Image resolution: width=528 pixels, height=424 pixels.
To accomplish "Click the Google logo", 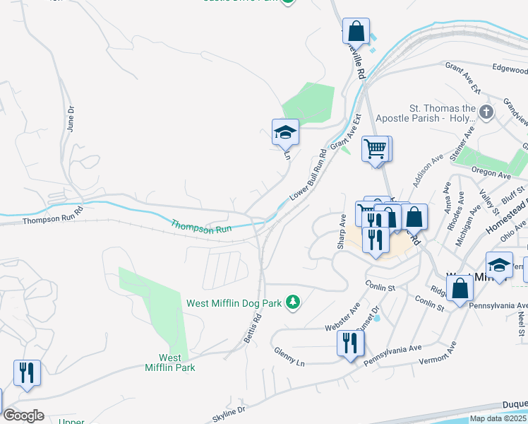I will pyautogui.click(x=23, y=416).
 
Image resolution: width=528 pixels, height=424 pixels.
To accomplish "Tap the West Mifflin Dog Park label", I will pyautogui.click(x=234, y=303).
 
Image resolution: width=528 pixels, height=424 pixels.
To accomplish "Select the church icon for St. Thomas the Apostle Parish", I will pyautogui.click(x=486, y=112).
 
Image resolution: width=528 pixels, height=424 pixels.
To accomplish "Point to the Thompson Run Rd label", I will pyautogui.click(x=53, y=220).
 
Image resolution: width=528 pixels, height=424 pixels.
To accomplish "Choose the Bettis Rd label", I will pyautogui.click(x=253, y=330).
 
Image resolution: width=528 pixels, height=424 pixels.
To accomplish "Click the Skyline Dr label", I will pyautogui.click(x=227, y=410).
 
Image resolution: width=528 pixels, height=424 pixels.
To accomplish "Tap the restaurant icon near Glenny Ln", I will pyautogui.click(x=350, y=344).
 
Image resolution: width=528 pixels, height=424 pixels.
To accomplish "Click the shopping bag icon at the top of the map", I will pyautogui.click(x=356, y=32).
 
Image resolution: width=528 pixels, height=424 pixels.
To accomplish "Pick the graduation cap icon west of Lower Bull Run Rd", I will pyautogui.click(x=285, y=132).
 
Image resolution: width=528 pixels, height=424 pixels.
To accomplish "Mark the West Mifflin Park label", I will pyautogui.click(x=170, y=363).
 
